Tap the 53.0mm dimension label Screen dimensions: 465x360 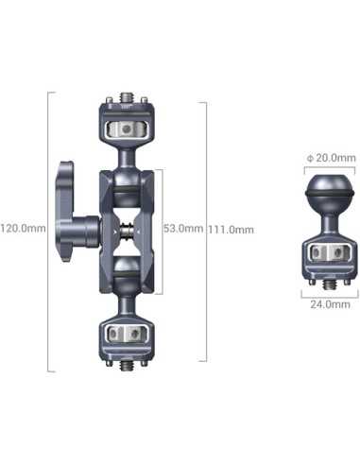(182, 228)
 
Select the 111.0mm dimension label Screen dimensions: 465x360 (231, 229)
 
